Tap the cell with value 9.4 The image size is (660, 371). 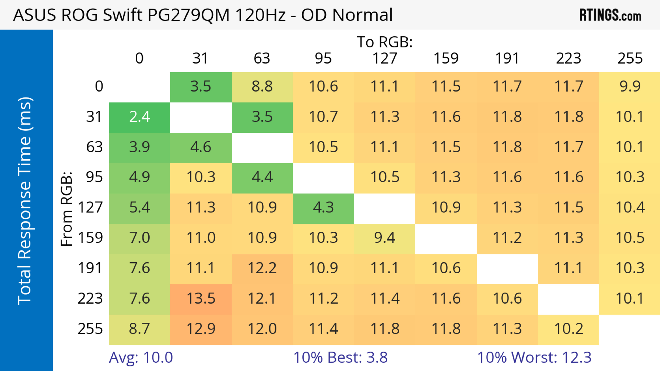385,238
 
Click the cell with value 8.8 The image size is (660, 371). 262,87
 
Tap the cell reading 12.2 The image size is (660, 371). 262,268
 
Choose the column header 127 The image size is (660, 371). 385,58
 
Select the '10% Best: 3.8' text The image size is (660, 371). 340,357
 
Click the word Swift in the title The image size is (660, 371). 123,15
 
